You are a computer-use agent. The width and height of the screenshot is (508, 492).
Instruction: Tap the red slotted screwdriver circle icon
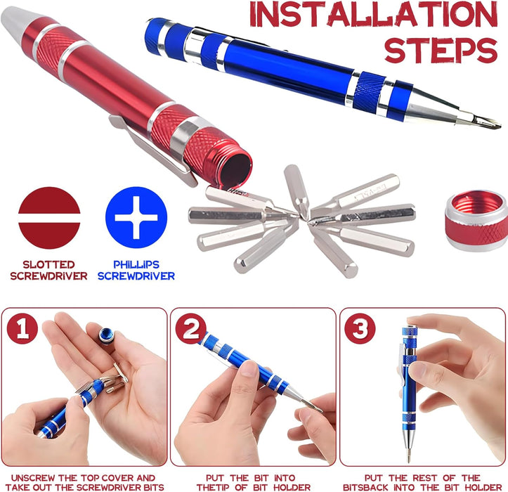tap(49, 217)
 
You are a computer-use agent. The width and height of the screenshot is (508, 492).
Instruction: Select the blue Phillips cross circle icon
tap(136, 217)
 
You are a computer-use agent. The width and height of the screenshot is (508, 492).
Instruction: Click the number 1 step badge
tap(22, 328)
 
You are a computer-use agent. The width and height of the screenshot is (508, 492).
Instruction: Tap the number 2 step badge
tap(191, 328)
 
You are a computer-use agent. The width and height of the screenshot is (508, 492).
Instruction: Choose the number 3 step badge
tap(359, 328)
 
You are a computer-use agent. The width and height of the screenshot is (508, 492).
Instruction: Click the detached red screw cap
tap(477, 219)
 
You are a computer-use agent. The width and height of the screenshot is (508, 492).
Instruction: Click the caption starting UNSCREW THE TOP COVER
tap(84, 482)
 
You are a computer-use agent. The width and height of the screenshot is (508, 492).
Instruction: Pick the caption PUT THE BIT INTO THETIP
tap(254, 482)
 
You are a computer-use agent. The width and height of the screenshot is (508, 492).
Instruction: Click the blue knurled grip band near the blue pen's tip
tap(369, 92)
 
